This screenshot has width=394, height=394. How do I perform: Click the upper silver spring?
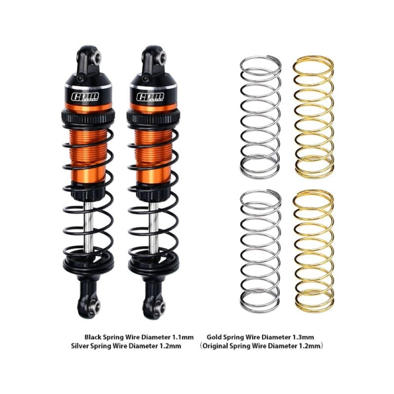[x=261, y=116]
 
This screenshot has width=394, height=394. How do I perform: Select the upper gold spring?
[x=314, y=116]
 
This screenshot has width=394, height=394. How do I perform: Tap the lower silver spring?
[x=261, y=250]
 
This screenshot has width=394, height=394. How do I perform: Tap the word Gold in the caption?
[x=215, y=337]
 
